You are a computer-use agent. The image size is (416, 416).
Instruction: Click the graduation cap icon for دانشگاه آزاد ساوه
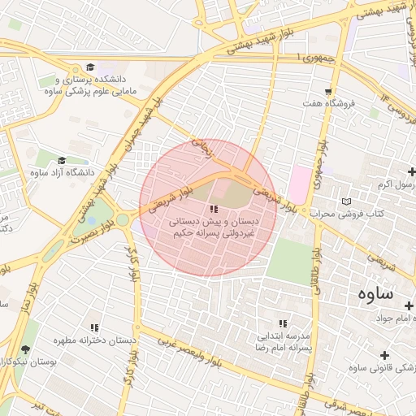click(63, 160)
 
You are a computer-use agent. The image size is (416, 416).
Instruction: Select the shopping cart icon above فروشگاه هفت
click(328, 92)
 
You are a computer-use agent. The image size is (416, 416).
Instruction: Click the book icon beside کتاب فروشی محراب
click(348, 201)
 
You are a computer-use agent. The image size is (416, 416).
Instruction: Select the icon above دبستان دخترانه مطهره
click(95, 327)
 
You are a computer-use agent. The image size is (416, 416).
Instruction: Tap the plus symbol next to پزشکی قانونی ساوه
click(384, 356)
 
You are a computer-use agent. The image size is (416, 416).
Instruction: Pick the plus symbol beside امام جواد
click(408, 305)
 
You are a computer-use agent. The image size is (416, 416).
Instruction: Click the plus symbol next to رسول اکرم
click(411, 171)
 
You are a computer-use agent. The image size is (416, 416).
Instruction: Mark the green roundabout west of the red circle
click(122, 219)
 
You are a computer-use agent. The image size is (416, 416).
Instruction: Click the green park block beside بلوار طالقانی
click(289, 260)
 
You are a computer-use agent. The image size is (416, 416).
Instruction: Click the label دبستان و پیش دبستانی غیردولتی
click(213, 227)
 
